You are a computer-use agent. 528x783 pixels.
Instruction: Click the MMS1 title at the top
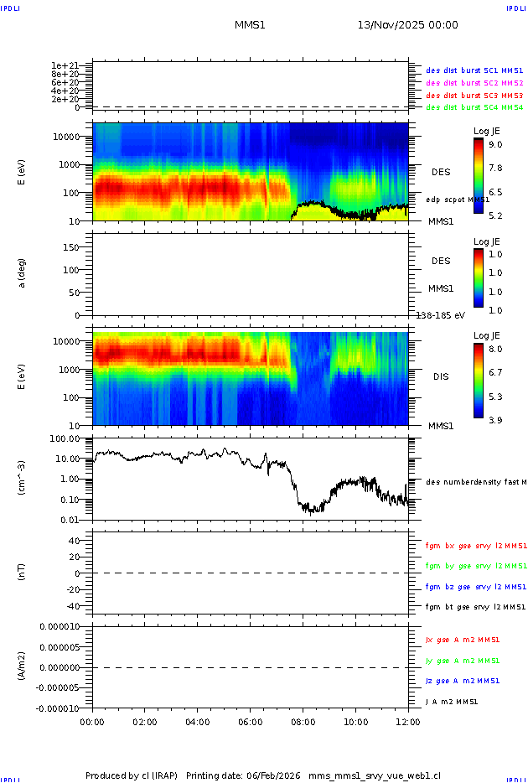click(250, 25)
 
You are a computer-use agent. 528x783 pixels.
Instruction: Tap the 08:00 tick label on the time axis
click(303, 721)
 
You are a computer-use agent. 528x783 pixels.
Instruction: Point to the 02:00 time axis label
click(145, 721)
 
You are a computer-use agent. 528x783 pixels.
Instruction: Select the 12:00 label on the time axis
click(408, 721)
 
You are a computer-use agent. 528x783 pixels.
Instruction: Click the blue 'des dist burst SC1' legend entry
click(474, 71)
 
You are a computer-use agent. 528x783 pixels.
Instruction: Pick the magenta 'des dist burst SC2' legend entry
click(474, 83)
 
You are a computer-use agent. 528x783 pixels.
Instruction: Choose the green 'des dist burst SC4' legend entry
click(474, 107)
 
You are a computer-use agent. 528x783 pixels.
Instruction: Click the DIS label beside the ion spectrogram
click(441, 376)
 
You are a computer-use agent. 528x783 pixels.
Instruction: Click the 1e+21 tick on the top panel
click(65, 65)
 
